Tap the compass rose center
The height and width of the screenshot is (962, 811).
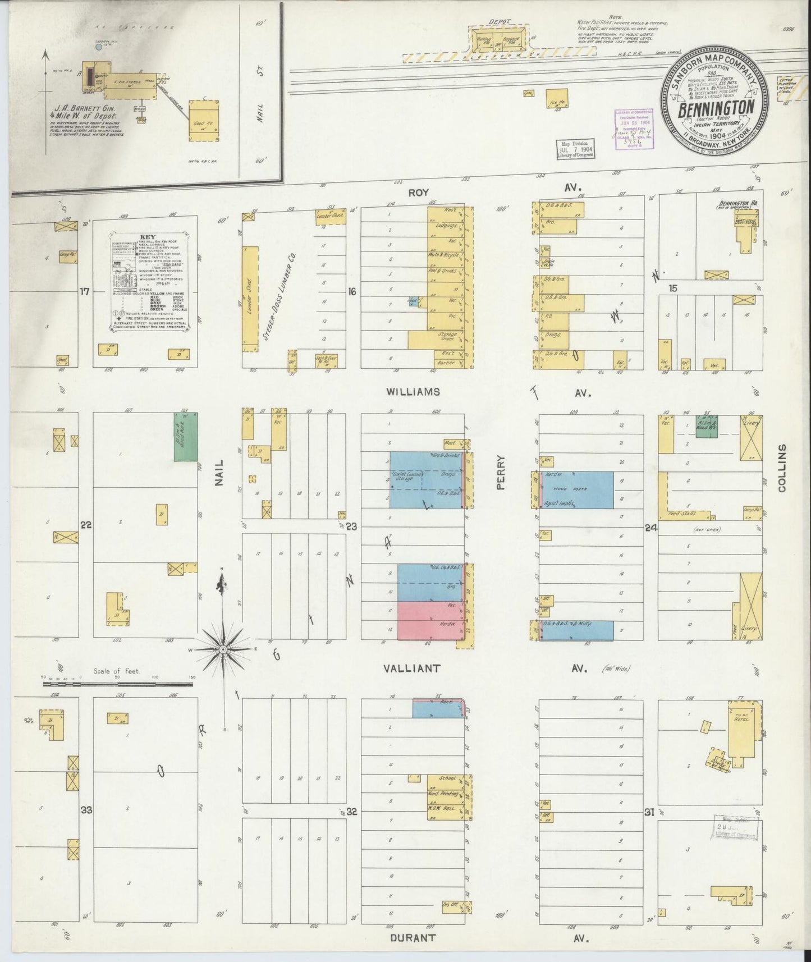coord(223,649)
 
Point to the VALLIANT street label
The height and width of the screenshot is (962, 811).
coord(412,668)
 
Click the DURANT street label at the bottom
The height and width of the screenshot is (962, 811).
coord(412,937)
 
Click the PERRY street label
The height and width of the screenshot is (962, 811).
coord(501,473)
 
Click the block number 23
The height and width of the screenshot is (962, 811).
coord(352,526)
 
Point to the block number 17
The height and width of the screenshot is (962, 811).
coord(85,291)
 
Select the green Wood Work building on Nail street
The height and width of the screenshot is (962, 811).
coord(185,437)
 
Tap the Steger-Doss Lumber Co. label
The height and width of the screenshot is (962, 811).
coord(278,297)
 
